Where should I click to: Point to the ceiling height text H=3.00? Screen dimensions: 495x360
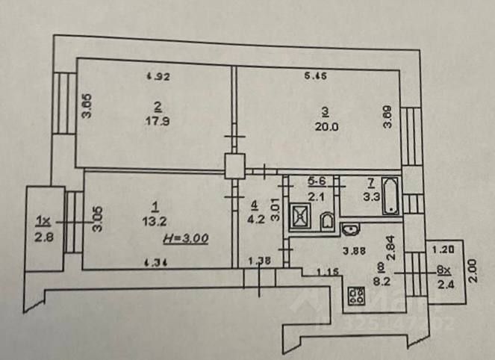(184, 238)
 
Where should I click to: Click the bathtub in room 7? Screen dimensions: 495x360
(390, 197)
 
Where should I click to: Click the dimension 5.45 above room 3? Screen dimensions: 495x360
(317, 75)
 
